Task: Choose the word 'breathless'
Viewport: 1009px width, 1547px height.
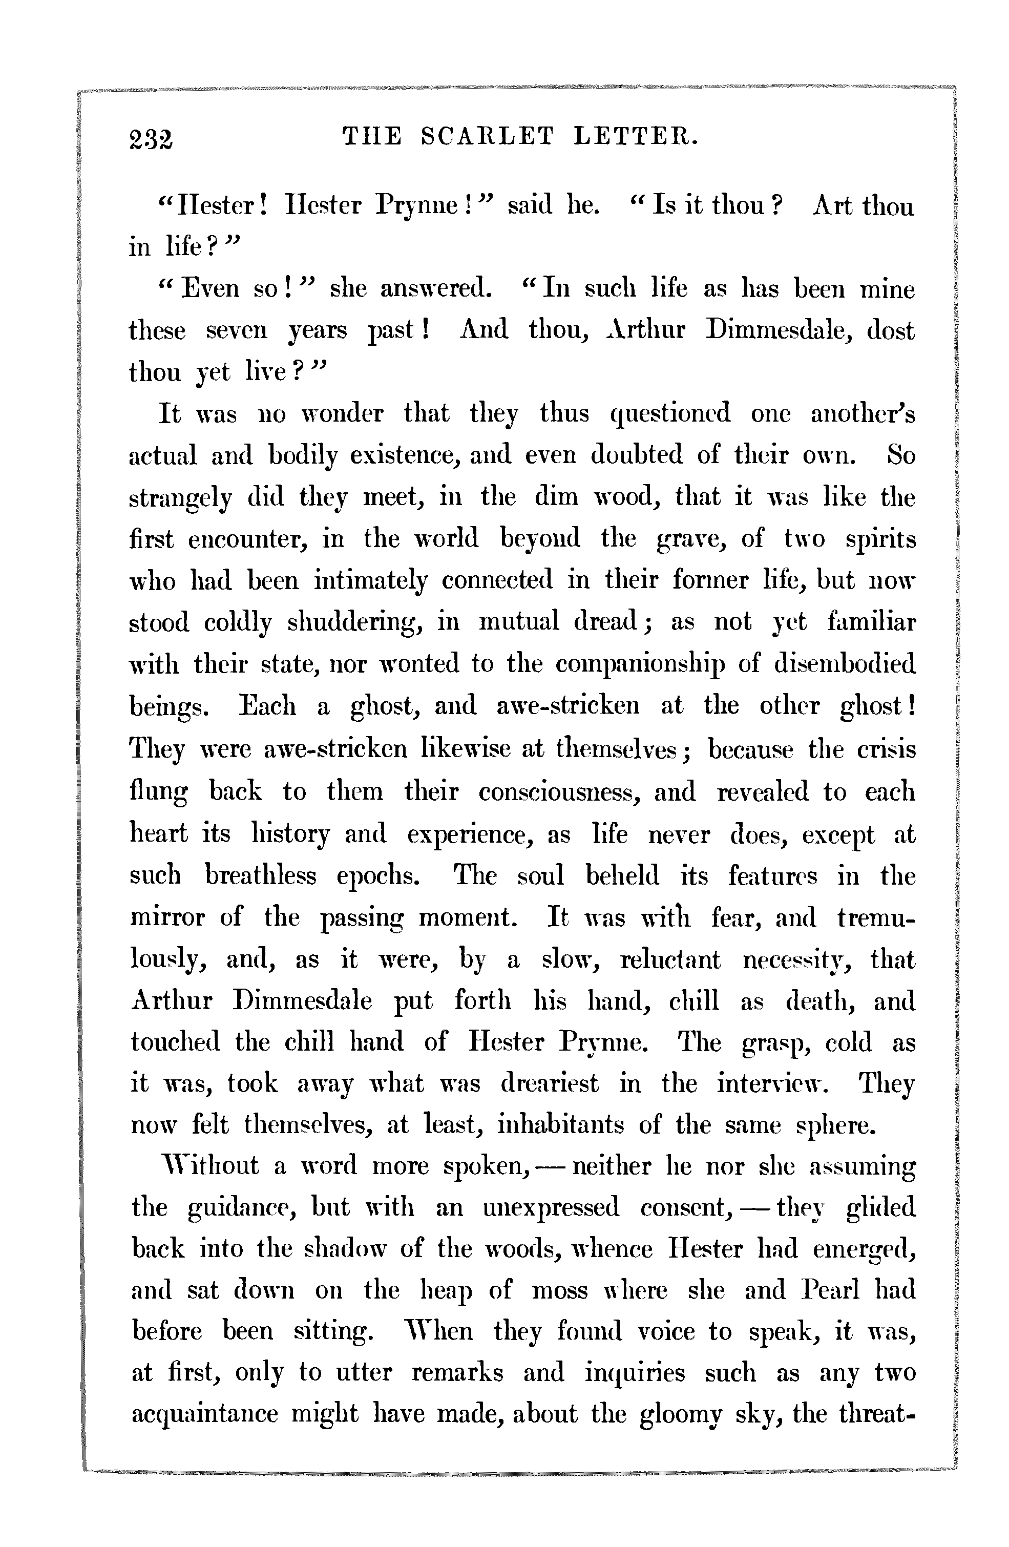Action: point(261,875)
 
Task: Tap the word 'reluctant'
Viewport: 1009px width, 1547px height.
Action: point(670,959)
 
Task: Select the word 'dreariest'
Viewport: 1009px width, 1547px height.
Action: point(550,1083)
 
